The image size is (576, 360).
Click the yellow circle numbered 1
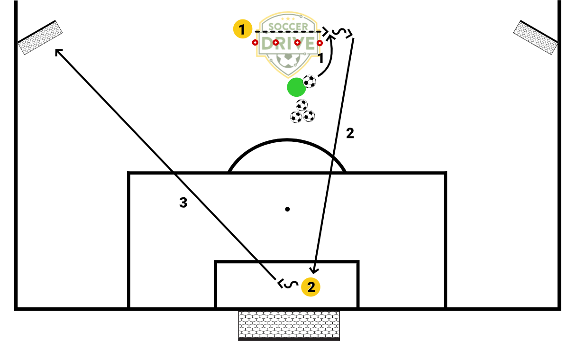pyautogui.click(x=242, y=30)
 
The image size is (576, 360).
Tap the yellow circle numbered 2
pyautogui.click(x=311, y=287)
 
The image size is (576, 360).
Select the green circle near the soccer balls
pyautogui.click(x=296, y=87)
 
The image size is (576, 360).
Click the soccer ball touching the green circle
pyautogui.click(x=310, y=82)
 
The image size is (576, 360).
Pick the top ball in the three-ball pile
pyautogui.click(x=302, y=105)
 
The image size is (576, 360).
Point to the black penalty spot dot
pyautogui.click(x=287, y=209)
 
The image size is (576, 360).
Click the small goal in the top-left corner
pyautogui.click(x=40, y=37)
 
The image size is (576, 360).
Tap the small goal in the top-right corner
pyautogui.click(x=536, y=37)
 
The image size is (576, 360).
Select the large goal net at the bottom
pyautogui.click(x=289, y=325)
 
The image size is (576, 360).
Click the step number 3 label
pyautogui.click(x=183, y=203)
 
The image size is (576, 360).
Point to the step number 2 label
pyautogui.click(x=350, y=134)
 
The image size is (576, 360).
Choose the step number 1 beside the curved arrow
pyautogui.click(x=321, y=59)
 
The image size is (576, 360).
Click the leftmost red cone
pyautogui.click(x=255, y=43)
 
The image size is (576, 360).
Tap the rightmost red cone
pyautogui.click(x=320, y=43)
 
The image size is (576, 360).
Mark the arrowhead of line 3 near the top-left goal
pyautogui.click(x=58, y=51)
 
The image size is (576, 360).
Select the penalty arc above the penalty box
pyautogui.click(x=287, y=142)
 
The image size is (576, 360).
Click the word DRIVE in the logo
pyautogui.click(x=288, y=44)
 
